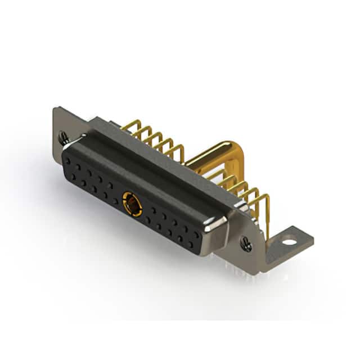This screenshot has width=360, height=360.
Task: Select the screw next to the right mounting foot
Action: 246,243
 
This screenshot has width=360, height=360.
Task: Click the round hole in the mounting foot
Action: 289,243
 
